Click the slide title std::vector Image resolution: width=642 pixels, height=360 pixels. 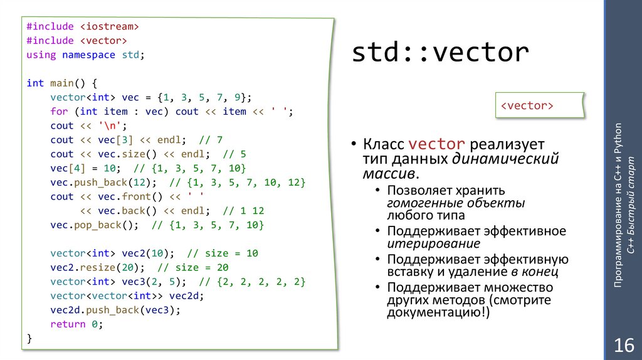point(439,53)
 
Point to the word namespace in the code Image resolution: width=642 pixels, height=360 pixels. point(88,55)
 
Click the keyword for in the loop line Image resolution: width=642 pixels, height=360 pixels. point(59,111)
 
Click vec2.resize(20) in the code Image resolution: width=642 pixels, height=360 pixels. point(97,267)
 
